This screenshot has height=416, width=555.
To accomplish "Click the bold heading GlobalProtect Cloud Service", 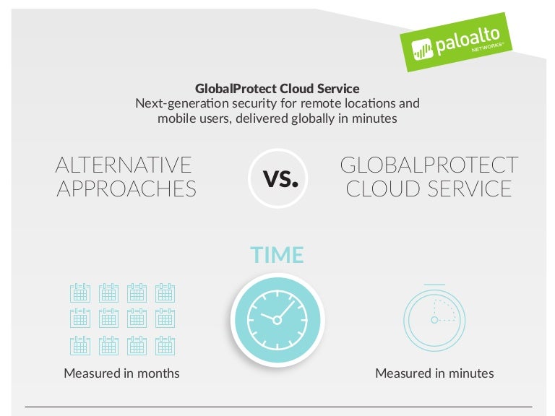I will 277,88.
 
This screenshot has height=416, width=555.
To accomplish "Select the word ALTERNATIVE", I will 124,165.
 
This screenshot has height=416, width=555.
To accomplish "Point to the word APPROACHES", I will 126,188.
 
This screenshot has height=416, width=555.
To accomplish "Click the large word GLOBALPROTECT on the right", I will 429,165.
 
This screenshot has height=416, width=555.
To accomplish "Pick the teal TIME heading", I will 277,255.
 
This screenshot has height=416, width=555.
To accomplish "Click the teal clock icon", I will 277,318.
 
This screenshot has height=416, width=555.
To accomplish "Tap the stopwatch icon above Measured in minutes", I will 434,318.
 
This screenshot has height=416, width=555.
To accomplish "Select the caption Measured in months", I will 121,373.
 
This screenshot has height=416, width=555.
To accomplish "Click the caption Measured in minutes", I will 434,373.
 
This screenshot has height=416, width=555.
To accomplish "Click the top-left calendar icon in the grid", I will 80,292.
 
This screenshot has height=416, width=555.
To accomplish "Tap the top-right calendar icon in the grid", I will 165,292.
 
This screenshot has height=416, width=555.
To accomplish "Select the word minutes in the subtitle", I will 376,118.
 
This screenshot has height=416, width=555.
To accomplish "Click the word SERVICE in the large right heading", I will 470,188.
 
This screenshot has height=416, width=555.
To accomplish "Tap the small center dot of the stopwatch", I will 434,319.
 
